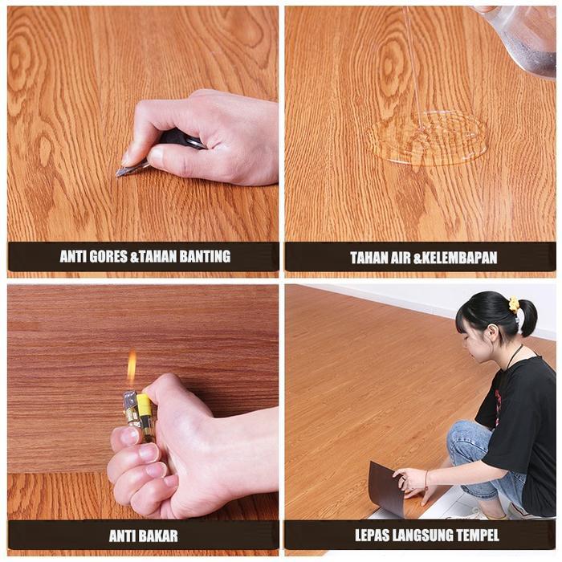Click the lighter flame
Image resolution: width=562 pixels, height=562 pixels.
coord(131,369)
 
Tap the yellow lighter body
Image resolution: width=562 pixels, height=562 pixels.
coord(145,413)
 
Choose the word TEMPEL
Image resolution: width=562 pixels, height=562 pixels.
coord(479,535)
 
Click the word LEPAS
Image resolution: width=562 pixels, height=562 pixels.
coord(373,535)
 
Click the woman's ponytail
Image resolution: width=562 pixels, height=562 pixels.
coord(527,317)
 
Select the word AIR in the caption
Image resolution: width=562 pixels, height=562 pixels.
coord(401,258)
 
